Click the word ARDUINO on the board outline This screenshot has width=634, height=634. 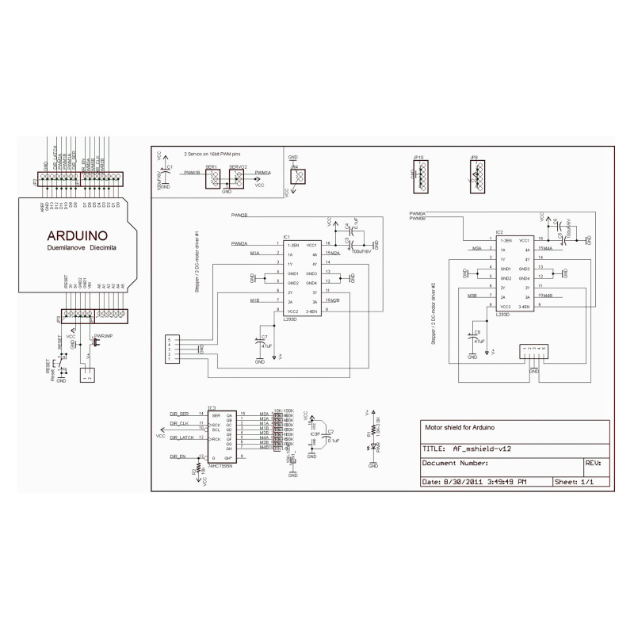point(78,235)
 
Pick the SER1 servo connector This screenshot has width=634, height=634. point(212,179)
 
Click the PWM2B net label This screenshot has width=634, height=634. point(239,216)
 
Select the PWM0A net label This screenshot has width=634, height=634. point(418,214)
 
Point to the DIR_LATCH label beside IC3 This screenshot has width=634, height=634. point(181,437)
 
